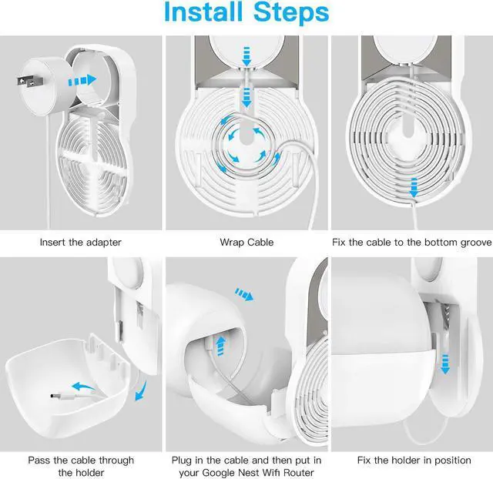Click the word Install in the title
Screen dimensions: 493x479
(x=203, y=12)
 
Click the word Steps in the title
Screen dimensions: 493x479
(x=291, y=12)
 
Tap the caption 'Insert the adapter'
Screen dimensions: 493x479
(x=80, y=243)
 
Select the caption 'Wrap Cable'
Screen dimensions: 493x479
(x=246, y=243)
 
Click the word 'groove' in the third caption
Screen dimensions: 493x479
(x=476, y=243)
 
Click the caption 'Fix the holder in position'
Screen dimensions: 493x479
(x=414, y=461)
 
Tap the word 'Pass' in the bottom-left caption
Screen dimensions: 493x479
(x=39, y=461)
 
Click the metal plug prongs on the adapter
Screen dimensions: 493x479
(x=29, y=82)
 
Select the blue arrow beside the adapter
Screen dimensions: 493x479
(x=82, y=80)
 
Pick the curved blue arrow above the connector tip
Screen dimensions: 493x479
(x=83, y=387)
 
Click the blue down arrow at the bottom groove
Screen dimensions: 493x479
(x=414, y=188)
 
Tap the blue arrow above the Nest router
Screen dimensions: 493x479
(x=244, y=294)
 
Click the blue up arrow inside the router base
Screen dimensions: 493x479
(x=221, y=346)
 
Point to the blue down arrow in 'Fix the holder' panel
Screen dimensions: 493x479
(x=445, y=364)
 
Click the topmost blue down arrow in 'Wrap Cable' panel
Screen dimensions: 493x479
(x=246, y=56)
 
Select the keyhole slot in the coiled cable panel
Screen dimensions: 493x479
(x=407, y=126)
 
